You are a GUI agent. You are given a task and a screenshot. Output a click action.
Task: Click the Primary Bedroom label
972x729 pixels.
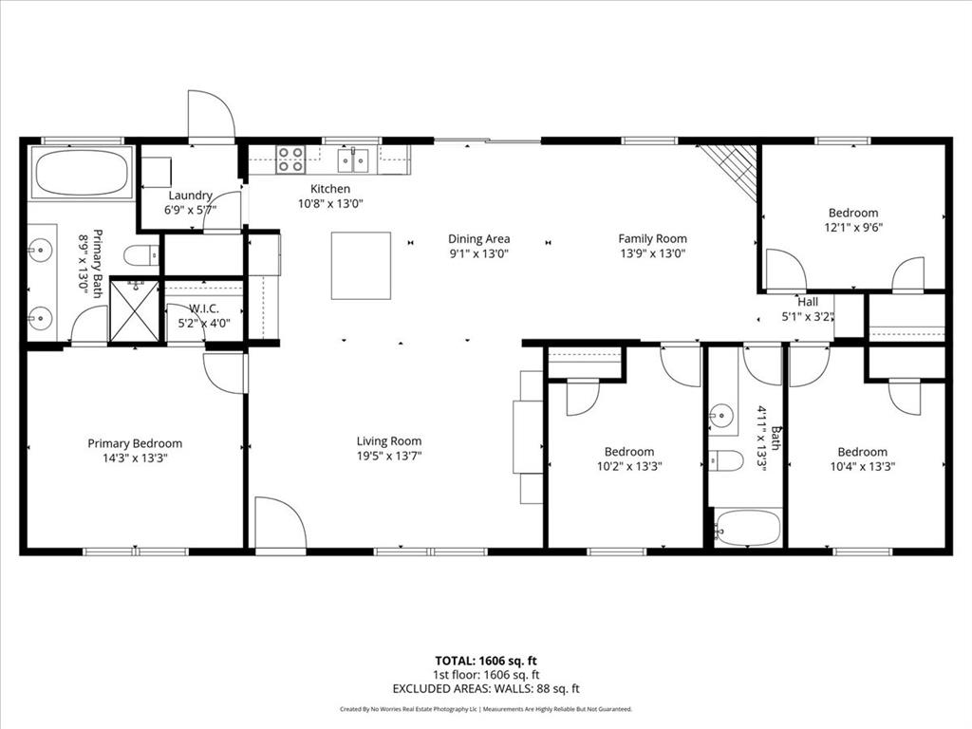135,443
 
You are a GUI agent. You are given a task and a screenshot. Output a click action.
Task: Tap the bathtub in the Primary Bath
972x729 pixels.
81,172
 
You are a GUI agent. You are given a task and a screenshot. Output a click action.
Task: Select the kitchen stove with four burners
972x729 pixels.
290,159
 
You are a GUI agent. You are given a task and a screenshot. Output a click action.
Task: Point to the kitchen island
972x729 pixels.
361,265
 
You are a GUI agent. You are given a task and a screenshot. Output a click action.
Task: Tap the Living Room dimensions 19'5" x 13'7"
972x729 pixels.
388,457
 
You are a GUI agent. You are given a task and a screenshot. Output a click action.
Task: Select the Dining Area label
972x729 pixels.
479,239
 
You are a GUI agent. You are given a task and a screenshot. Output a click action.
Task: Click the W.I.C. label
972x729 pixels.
205,308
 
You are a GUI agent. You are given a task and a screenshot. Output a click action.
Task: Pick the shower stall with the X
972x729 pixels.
135,310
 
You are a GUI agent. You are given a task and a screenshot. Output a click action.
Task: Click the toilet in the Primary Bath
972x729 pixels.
141,254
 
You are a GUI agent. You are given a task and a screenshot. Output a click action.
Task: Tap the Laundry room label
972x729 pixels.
191,196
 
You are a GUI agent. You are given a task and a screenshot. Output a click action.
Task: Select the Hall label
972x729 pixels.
808,302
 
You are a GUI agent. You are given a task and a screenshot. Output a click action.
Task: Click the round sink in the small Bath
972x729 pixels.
722,415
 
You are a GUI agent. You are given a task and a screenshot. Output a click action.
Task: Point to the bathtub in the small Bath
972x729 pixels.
746,528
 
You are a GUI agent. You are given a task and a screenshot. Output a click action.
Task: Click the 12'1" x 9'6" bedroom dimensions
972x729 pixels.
852,228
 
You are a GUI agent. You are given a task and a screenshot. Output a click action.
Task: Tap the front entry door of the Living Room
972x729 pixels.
280,526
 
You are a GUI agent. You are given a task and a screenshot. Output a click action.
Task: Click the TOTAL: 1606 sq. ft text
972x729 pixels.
486,661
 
